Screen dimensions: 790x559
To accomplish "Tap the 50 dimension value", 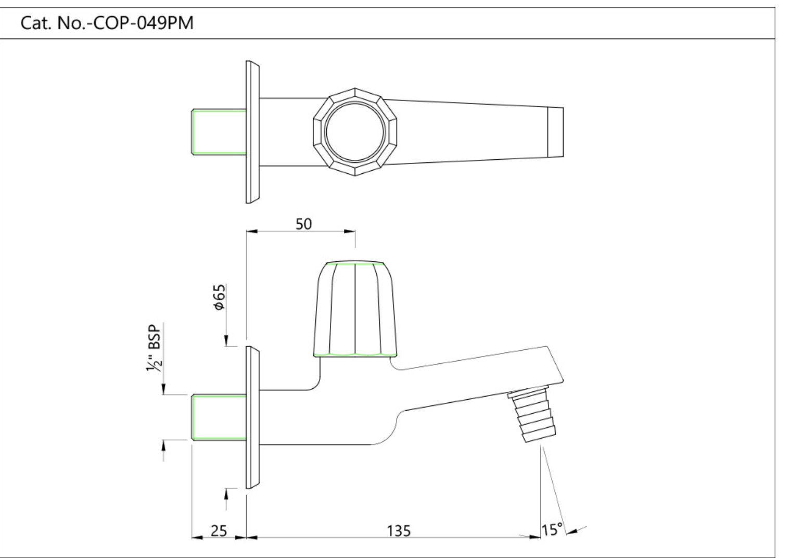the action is (303, 224).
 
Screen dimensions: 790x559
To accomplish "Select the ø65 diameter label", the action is (219, 297).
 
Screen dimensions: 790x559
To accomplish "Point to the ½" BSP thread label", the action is (154, 347).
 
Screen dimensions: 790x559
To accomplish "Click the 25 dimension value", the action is (219, 531).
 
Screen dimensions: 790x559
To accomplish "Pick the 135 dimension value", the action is (399, 531).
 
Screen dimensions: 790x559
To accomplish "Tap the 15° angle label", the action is (552, 530).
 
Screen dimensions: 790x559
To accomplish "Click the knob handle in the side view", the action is (355, 309).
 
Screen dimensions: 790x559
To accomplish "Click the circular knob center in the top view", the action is (355, 132).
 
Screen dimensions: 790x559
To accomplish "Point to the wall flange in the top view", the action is (252, 132).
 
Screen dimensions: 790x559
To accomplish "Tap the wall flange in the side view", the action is (252, 417).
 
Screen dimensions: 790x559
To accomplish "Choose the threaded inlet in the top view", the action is (219, 132).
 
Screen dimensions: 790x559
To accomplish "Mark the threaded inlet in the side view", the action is (219, 417).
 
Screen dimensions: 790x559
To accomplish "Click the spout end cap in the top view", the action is (555, 132).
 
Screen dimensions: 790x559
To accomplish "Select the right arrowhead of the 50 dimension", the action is (350, 232).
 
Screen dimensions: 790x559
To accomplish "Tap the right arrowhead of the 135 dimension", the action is (536, 538).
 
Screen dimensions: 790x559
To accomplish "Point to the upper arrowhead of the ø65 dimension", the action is (226, 340).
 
